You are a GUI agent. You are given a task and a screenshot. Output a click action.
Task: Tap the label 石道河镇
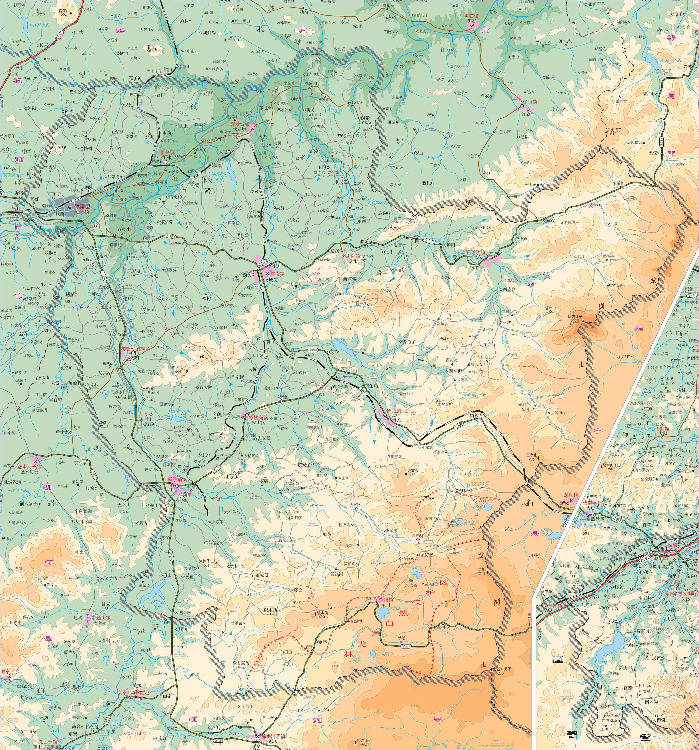pos(476,252)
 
